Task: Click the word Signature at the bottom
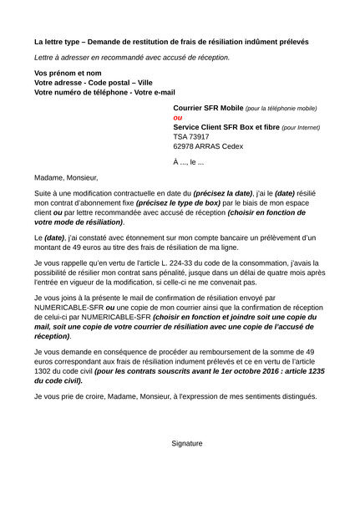tap(187, 443)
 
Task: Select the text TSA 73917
tap(191, 136)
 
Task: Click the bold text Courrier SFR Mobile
tap(208, 109)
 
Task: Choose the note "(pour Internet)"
tap(301, 128)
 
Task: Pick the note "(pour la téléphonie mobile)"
tap(281, 110)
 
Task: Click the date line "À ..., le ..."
tap(189, 161)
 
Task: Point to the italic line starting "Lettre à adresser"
tap(132, 58)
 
